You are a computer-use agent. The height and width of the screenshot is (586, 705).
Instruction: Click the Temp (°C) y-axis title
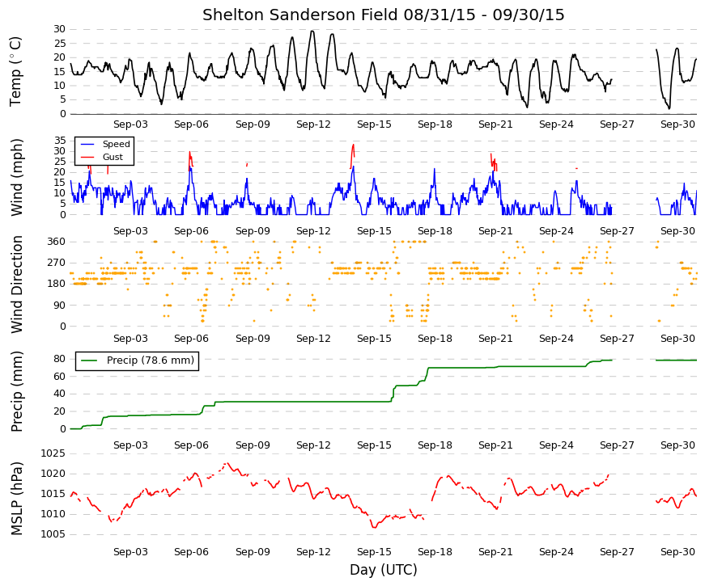[x=15, y=71]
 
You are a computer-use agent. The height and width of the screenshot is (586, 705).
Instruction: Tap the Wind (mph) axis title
[x=17, y=177]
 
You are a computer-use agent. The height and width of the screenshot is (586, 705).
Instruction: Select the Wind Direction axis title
[x=17, y=285]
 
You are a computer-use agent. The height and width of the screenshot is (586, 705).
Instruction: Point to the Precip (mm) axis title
[x=17, y=391]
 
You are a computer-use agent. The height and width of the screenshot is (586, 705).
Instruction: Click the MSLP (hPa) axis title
[x=17, y=499]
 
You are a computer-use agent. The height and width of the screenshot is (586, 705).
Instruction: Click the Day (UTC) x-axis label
[x=384, y=569]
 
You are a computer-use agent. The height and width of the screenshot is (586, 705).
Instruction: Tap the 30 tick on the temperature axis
[x=60, y=29]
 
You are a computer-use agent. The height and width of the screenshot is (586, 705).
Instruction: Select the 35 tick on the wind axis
[x=60, y=141]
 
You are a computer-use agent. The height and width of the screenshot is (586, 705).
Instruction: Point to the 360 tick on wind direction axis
[x=57, y=242]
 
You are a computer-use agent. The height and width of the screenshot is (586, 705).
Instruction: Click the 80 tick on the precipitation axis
[x=60, y=359]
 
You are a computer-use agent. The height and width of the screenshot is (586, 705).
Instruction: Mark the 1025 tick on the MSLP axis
[x=53, y=453]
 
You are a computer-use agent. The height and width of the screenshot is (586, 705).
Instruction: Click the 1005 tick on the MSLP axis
[x=53, y=534]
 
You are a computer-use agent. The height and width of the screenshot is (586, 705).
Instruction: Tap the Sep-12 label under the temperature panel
[x=313, y=124]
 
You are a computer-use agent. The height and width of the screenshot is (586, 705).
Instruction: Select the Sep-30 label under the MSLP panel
[x=677, y=552]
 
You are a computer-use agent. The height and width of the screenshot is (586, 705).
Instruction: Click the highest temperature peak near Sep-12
[x=312, y=31]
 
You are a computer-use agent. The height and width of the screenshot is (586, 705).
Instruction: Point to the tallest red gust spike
[x=353, y=145]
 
